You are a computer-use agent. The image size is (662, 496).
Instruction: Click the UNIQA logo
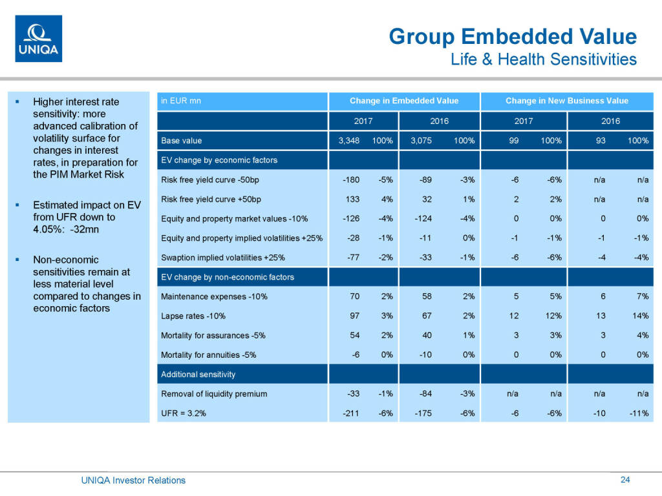[x=38, y=39]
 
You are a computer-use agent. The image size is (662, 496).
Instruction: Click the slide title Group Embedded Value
[x=512, y=37]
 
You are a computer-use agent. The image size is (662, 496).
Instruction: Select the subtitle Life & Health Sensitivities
[x=543, y=59]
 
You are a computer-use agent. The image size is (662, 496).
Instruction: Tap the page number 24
[x=625, y=480]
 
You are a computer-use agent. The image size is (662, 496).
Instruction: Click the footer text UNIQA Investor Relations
[x=133, y=480]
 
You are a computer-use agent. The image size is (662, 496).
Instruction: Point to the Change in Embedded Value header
[x=404, y=101]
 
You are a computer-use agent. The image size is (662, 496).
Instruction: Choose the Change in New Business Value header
[x=567, y=101]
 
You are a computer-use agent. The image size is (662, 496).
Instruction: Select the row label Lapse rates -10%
[x=193, y=316]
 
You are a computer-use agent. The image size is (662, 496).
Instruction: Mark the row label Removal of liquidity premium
[x=214, y=394]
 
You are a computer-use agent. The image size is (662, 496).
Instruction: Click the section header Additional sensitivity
[x=198, y=375]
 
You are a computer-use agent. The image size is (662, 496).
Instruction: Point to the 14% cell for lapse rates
[x=641, y=316]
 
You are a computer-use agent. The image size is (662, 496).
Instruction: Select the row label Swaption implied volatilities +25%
[x=223, y=258]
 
